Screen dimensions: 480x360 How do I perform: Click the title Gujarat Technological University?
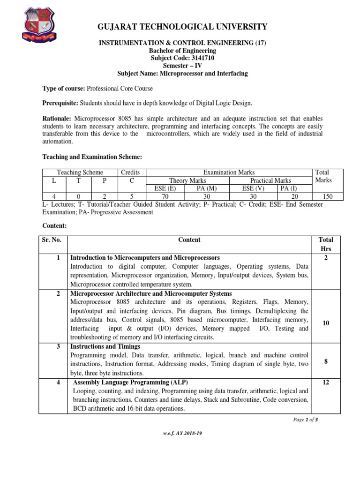click(x=182, y=27)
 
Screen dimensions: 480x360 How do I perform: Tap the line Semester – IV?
click(x=182, y=66)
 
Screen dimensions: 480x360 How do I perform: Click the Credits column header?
click(x=130, y=172)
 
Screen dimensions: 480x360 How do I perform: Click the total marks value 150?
click(x=328, y=196)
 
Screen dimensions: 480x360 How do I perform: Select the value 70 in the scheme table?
click(x=165, y=196)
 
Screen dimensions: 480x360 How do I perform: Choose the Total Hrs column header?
click(x=325, y=244)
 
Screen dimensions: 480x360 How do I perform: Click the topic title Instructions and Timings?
click(x=105, y=346)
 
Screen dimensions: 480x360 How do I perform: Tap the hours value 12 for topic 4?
click(x=325, y=382)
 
